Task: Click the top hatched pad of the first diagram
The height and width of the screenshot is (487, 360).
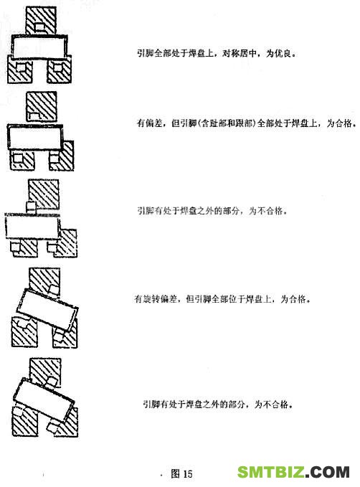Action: click(41, 20)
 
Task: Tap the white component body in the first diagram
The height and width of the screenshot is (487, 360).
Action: click(39, 47)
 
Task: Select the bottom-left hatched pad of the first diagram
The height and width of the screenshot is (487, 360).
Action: click(19, 69)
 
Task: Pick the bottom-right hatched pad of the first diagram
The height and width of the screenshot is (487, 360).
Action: click(60, 70)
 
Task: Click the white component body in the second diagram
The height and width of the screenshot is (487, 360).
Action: click(35, 137)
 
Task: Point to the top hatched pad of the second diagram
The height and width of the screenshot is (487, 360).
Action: click(42, 106)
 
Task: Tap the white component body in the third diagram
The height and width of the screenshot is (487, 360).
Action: click(33, 226)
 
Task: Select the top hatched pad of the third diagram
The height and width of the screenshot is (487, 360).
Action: click(44, 194)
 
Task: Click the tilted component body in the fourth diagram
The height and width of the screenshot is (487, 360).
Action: click(47, 310)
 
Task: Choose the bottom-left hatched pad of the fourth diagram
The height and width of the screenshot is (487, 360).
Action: click(24, 331)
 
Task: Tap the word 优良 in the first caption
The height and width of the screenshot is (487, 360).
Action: click(283, 53)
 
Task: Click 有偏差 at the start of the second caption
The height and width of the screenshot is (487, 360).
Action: click(150, 123)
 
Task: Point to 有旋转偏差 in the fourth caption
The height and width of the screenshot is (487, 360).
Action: click(156, 299)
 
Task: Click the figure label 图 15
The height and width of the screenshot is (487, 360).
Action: click(181, 473)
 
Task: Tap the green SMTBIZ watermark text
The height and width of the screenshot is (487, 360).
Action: click(270, 472)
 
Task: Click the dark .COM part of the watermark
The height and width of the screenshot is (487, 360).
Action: click(328, 472)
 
